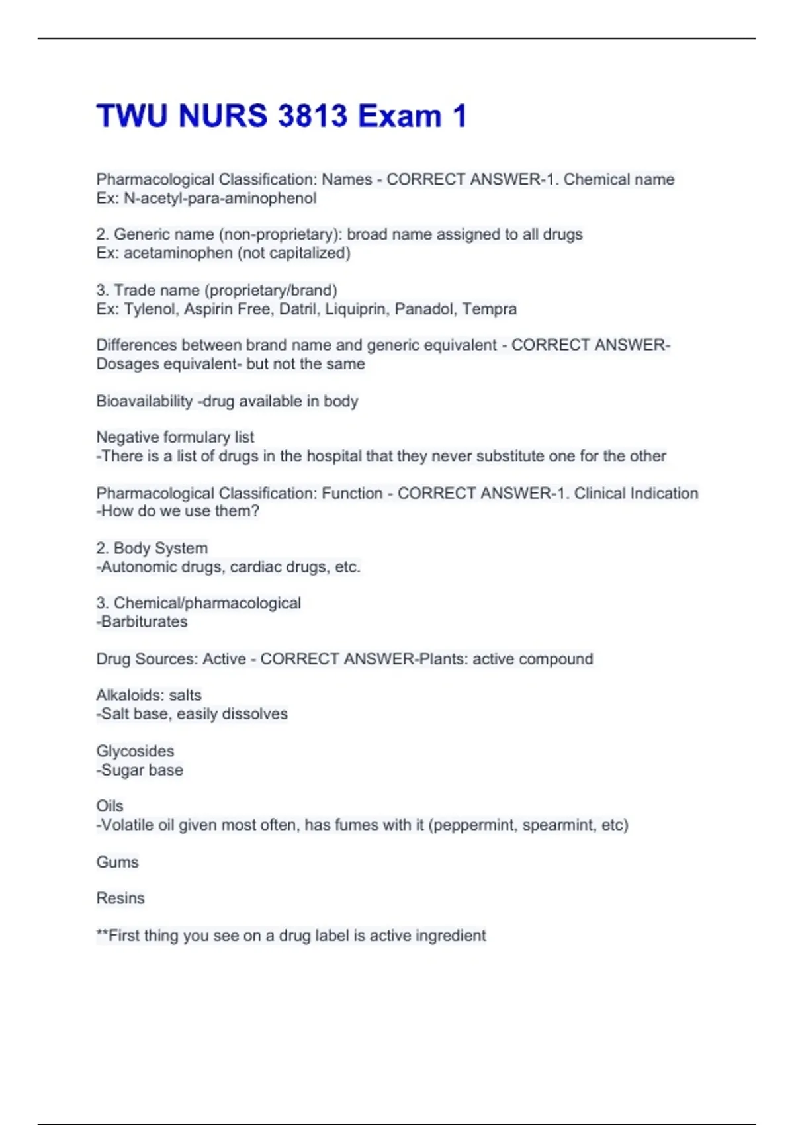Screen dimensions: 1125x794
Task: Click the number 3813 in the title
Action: (x=312, y=116)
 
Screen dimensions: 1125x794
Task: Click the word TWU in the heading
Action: (x=132, y=116)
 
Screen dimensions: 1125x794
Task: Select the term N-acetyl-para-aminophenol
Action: (x=220, y=199)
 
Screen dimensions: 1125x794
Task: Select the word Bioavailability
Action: (x=144, y=401)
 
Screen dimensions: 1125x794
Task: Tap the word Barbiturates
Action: (x=144, y=621)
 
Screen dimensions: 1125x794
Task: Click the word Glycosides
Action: (x=135, y=751)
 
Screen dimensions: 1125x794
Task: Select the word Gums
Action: (x=117, y=862)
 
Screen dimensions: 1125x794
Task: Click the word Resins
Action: (x=120, y=898)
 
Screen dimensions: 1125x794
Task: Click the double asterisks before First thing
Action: (x=102, y=934)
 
